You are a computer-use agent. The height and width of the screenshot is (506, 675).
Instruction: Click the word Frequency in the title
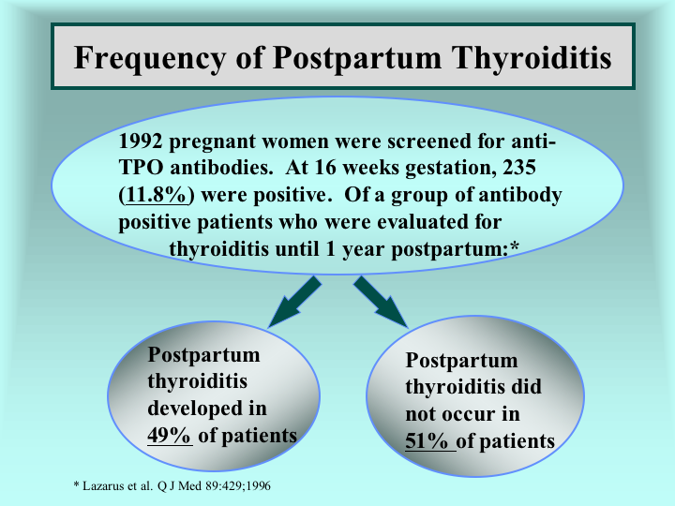click(149, 58)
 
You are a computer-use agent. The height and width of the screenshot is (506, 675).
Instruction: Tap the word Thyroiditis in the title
click(532, 57)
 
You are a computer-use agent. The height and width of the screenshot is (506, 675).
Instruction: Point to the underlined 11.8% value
click(157, 195)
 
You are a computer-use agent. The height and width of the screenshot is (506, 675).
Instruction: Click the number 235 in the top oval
click(519, 168)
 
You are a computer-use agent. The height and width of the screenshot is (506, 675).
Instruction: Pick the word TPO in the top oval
click(141, 168)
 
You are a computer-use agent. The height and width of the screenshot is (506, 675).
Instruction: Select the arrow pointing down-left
click(295, 302)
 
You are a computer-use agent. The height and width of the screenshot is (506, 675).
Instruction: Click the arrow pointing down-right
click(381, 302)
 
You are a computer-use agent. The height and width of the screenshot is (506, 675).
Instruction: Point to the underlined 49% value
click(169, 436)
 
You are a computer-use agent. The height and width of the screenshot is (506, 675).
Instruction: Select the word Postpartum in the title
click(357, 58)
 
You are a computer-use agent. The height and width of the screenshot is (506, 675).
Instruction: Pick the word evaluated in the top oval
click(422, 222)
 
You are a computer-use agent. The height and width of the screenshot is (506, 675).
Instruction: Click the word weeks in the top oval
click(371, 168)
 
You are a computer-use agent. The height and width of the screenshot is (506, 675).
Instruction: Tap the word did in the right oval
click(526, 386)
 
